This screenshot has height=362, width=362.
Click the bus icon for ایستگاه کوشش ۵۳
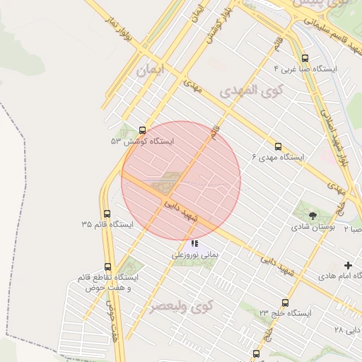pyautogui.click(x=143, y=131)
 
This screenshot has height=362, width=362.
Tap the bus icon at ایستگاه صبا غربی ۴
pyautogui.click(x=305, y=58)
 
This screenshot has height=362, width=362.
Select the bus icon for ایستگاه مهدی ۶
pyautogui.click(x=278, y=146)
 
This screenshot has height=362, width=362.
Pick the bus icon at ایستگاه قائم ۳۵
pyautogui.click(x=107, y=214)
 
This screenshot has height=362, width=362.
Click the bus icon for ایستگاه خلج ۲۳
pyautogui.click(x=285, y=302)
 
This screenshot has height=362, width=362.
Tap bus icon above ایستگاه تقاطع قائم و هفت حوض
pyautogui.click(x=107, y=267)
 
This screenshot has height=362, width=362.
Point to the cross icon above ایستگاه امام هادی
pyautogui.click(x=349, y=264)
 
